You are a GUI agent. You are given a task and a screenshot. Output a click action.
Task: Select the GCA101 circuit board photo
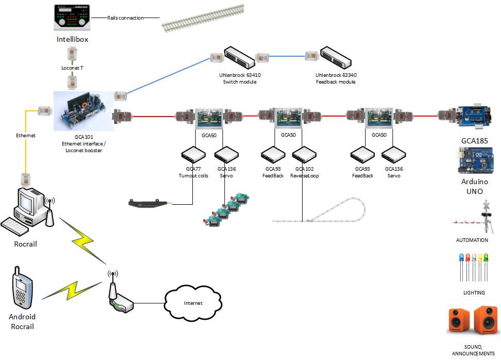point(83,111)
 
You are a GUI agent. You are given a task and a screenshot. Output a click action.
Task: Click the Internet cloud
point(193,303)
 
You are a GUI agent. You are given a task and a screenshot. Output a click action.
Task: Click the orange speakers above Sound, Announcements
point(473,320)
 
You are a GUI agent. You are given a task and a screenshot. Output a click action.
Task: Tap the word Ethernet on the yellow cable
point(25,136)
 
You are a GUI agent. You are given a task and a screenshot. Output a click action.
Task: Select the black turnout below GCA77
point(150,204)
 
